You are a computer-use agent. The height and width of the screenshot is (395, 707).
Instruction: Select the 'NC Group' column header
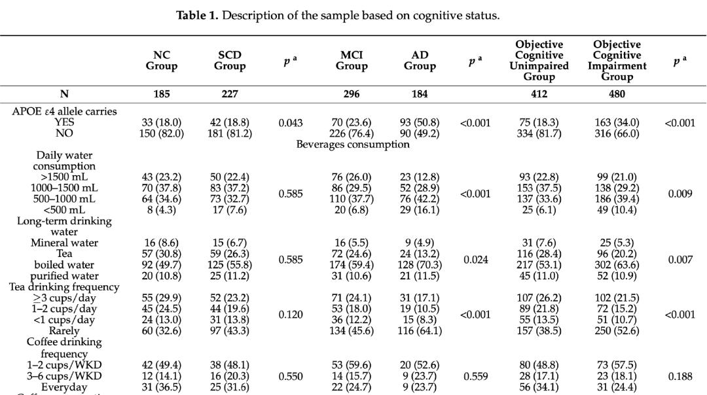(162, 61)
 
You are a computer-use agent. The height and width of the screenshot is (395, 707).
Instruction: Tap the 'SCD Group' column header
(230, 61)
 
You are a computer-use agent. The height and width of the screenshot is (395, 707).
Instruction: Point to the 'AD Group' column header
(420, 61)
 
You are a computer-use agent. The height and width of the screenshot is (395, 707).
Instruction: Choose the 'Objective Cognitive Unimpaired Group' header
(539, 61)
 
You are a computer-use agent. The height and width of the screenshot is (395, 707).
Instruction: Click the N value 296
(352, 94)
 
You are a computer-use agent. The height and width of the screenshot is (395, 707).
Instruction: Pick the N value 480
(617, 94)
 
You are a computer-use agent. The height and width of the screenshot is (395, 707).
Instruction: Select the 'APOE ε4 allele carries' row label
(64, 111)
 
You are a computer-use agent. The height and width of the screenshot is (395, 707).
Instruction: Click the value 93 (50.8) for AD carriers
(420, 122)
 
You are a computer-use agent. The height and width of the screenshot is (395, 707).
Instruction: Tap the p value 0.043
(290, 122)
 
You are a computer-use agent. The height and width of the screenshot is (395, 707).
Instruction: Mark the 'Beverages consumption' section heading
(353, 145)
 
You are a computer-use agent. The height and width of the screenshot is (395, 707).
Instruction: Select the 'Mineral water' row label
(64, 243)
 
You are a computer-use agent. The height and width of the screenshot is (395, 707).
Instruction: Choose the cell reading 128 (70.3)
(420, 265)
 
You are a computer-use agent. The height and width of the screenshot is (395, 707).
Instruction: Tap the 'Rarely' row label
(64, 331)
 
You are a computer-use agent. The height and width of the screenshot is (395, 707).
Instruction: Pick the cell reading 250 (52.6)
(617, 331)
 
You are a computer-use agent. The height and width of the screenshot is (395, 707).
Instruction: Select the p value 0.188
(679, 375)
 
